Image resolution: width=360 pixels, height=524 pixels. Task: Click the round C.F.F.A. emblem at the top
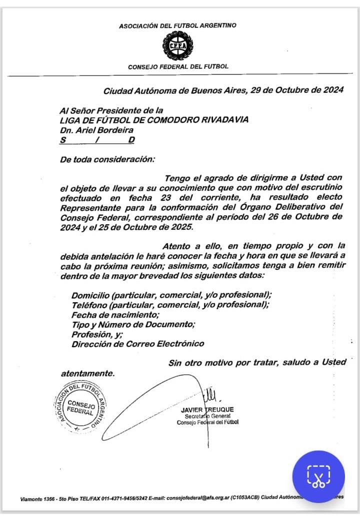pos(178,46)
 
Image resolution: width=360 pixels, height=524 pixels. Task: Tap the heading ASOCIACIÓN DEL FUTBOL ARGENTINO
pos(178,25)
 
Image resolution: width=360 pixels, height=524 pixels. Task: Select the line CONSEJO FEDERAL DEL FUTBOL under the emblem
pos(178,66)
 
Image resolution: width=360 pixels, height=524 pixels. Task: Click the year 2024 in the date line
pos(330,90)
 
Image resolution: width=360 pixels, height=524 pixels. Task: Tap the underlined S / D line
pos(97,140)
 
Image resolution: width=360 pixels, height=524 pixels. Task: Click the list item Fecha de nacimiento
pos(115,315)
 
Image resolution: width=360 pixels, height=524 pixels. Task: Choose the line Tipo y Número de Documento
pos(133,325)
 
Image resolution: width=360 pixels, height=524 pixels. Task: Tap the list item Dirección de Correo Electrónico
pos(137,344)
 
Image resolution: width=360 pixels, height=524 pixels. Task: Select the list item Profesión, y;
pos(97,334)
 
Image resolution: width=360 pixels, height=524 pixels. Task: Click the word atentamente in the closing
pos(87,373)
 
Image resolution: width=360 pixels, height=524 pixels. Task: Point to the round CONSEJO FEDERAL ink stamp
pos(80,407)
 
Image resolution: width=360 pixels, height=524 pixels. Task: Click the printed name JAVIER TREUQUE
pos(207,410)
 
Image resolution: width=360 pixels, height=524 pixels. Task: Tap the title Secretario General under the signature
pos(207,416)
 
